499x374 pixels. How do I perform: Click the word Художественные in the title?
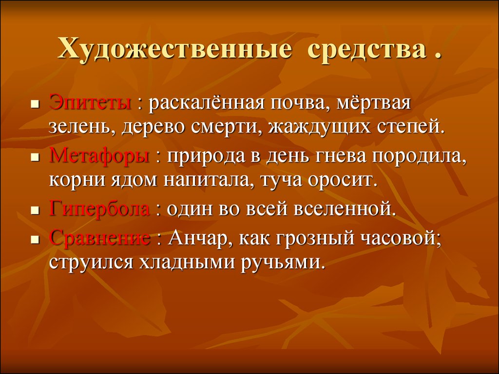tap(174, 50)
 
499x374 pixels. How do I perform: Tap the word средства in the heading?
tap(366, 50)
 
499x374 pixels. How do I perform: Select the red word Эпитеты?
tap(90, 103)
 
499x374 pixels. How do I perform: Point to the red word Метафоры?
tap(99, 156)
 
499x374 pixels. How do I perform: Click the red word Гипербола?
tap(99, 209)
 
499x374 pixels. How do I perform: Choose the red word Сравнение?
tap(99, 238)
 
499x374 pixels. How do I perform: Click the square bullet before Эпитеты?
tap(35, 104)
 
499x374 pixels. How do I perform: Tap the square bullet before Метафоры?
tap(35, 157)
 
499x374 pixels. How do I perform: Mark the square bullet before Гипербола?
tap(35, 210)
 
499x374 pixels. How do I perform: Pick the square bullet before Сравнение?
tap(35, 239)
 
